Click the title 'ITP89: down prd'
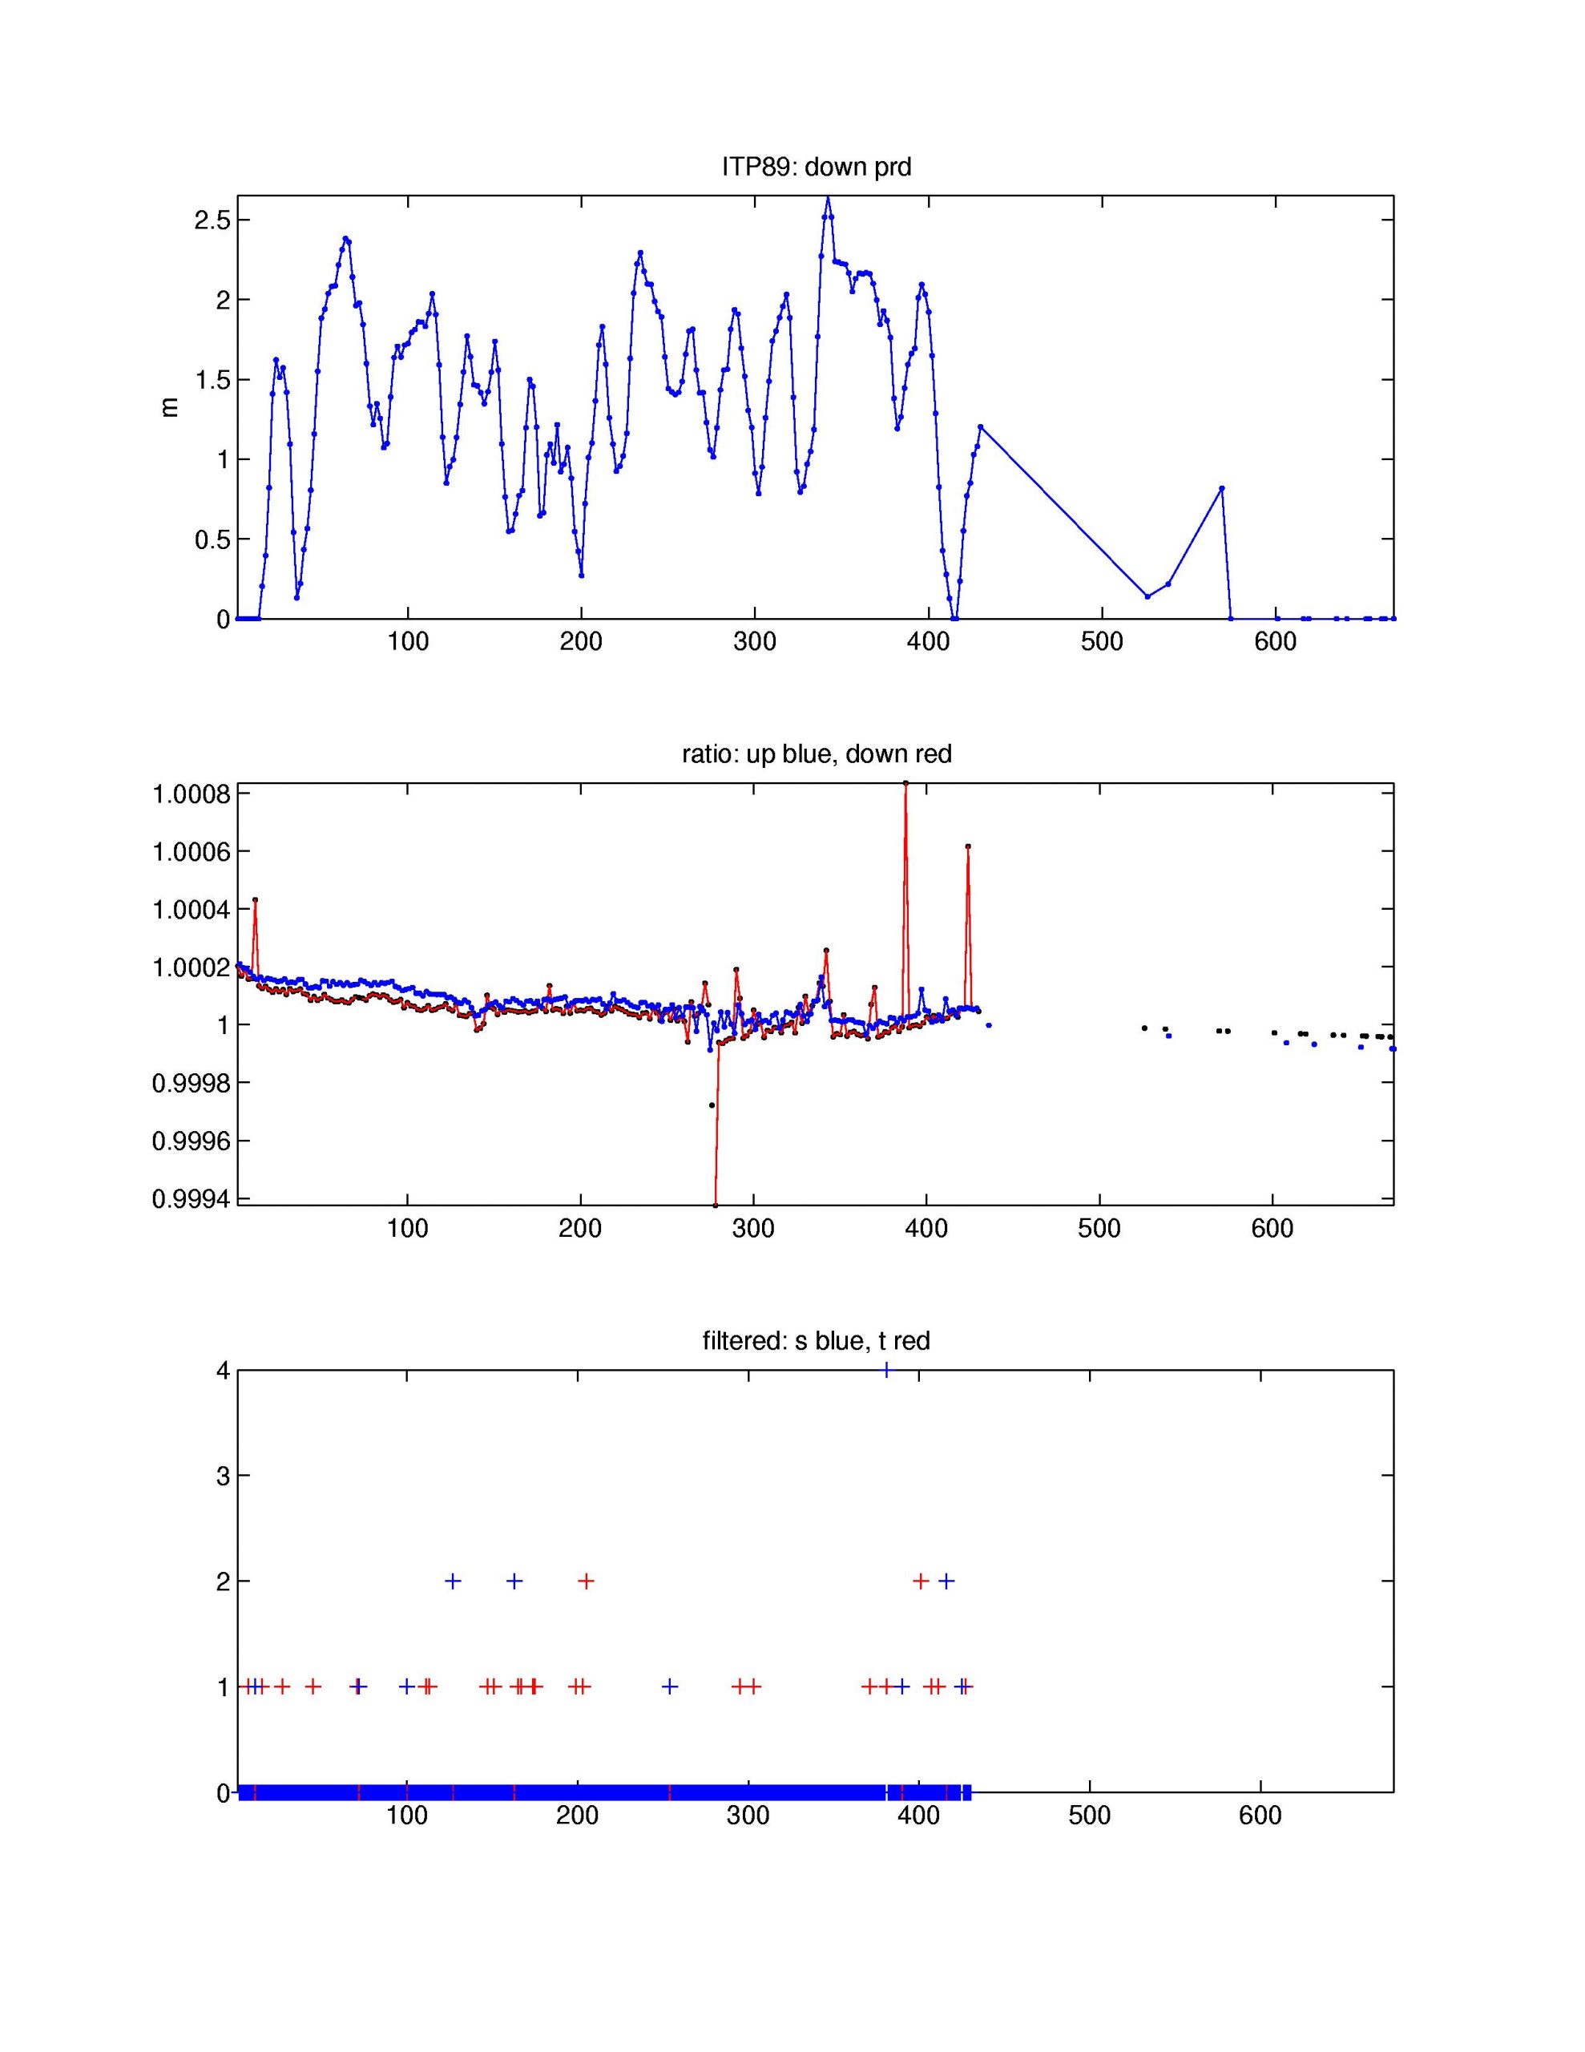816,168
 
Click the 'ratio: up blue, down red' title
816,753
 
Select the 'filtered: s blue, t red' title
816,1340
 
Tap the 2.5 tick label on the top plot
212,220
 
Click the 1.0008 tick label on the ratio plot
191,794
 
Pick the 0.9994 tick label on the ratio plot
191,1199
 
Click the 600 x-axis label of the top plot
1275,643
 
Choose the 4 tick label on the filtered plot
223,1371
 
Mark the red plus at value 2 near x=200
585,1581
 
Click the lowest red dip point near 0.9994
715,1205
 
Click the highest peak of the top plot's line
828,198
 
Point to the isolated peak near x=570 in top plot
1221,487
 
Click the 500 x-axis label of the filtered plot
1089,1816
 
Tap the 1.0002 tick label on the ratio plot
191,967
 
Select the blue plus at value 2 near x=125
452,1581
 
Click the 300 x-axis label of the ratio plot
753,1228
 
